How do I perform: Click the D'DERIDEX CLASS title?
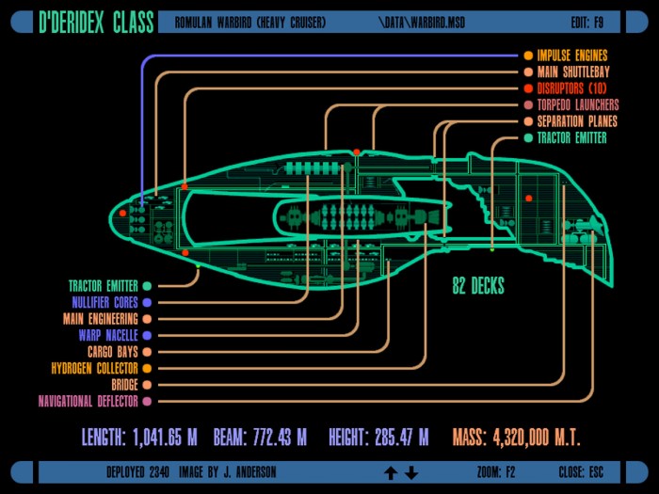coord(96,22)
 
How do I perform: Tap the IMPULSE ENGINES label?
coord(572,56)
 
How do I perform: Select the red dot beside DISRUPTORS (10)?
coord(528,88)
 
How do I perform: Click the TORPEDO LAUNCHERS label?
coord(578,104)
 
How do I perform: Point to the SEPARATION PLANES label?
coord(577,121)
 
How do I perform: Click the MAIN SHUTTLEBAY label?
coord(573,72)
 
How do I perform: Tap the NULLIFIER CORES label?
coord(104,302)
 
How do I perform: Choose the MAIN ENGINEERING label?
coord(101,319)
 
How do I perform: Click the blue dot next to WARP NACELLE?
coord(147,335)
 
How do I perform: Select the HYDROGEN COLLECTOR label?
coord(94,369)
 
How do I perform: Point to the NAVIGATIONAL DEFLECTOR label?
coord(88,401)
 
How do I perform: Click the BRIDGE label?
coord(124,385)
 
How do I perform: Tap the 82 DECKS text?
coord(478,286)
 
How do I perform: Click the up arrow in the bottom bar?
coord(391,473)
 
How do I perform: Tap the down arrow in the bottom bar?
coord(411,473)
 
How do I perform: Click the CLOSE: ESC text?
coord(581,472)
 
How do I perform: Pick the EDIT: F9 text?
coord(587,23)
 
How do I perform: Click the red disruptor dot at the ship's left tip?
coord(122,214)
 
